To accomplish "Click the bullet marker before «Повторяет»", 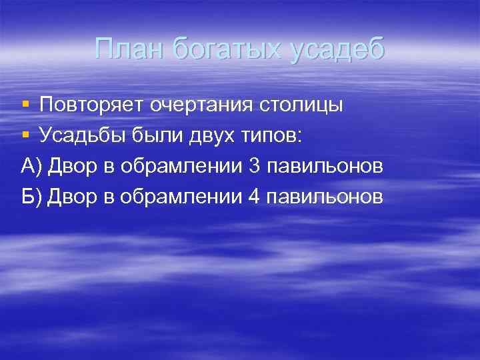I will tap(25, 105).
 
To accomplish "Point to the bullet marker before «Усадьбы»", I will tap(25, 135).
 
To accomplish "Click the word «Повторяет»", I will tap(91, 105).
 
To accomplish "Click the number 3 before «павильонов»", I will tap(253, 166).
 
